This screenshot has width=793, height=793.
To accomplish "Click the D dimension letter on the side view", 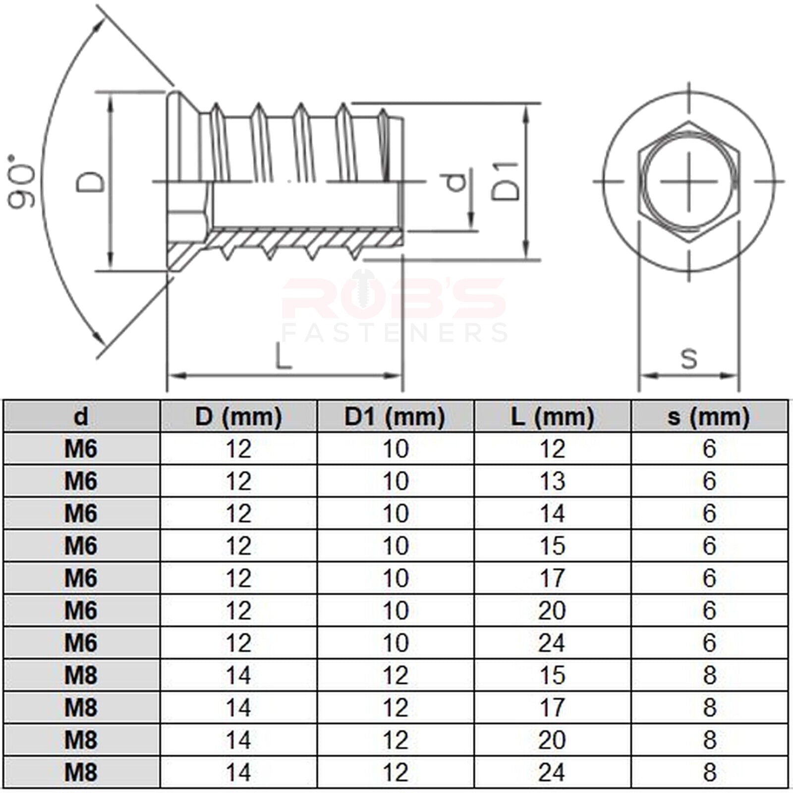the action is pyautogui.click(x=91, y=182).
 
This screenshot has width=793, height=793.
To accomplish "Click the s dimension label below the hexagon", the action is pyautogui.click(x=689, y=358).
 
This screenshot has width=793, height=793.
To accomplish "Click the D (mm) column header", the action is pyautogui.click(x=238, y=417).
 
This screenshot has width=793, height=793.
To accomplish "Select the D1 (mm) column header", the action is pyautogui.click(x=395, y=417).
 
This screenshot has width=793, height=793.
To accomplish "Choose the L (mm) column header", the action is pyautogui.click(x=552, y=417).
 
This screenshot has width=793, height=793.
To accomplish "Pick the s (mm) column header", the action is pyautogui.click(x=709, y=417).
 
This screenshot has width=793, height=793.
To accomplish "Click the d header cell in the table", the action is pyautogui.click(x=81, y=416).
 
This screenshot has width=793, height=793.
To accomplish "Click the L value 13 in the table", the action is pyautogui.click(x=552, y=481).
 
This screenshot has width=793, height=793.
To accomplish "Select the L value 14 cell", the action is pyautogui.click(x=552, y=513).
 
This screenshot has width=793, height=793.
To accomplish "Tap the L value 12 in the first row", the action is pyautogui.click(x=552, y=449).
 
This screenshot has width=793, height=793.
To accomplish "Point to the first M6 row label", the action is pyautogui.click(x=81, y=449).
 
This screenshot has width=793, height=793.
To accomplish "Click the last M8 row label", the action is pyautogui.click(x=81, y=773).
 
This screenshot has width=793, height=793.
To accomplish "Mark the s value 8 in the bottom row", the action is pyautogui.click(x=709, y=773).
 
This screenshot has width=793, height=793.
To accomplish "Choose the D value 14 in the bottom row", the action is pyautogui.click(x=238, y=773).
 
